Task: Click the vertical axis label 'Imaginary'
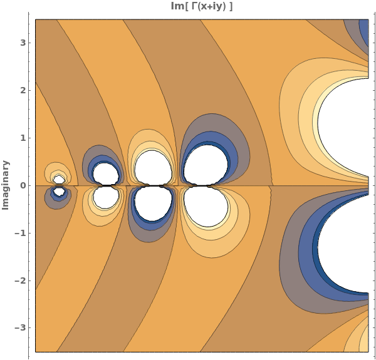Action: (x=6, y=185)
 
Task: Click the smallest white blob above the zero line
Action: (x=59, y=179)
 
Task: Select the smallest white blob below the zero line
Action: (x=59, y=192)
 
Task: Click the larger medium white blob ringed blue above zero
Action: (x=206, y=165)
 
